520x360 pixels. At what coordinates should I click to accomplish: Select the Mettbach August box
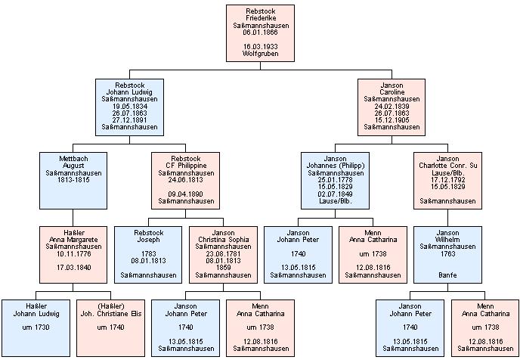tap(73, 181)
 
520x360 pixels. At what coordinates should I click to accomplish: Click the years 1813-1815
tap(73, 182)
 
